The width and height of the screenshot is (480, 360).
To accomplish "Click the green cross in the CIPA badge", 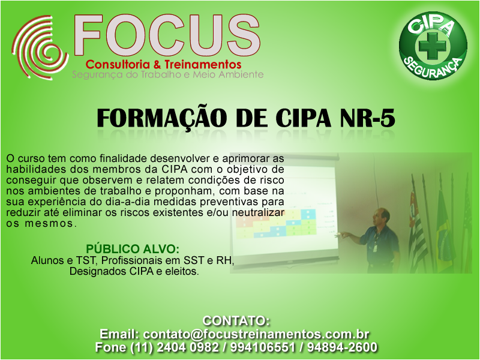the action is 432,46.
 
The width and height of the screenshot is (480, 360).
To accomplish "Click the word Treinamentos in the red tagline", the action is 203,64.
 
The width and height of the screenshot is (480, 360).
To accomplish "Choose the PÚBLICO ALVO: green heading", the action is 133,248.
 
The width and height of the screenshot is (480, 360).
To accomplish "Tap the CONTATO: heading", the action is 236,320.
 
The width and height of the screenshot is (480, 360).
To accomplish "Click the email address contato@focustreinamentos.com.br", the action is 256,334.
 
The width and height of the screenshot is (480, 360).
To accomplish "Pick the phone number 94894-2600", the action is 342,347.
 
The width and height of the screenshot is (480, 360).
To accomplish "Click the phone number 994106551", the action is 263,347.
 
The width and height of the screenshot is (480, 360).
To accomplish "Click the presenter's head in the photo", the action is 381,217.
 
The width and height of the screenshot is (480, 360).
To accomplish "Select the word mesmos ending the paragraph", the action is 49,223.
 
